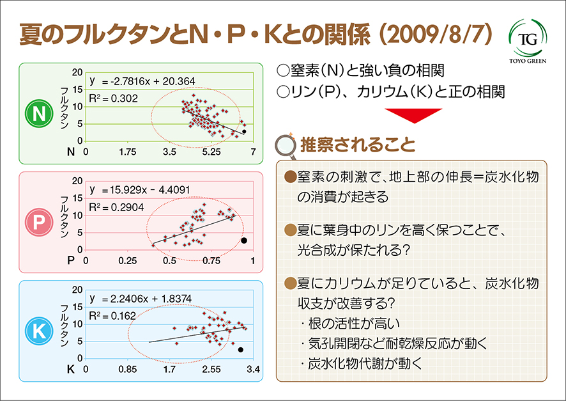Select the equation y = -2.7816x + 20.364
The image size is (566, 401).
142,81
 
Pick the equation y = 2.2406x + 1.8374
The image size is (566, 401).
141,299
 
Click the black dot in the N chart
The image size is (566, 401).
244,131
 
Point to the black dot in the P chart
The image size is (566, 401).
244,240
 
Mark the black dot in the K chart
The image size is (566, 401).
241,350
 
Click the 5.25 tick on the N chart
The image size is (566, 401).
211,152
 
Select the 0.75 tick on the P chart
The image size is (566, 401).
211,261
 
